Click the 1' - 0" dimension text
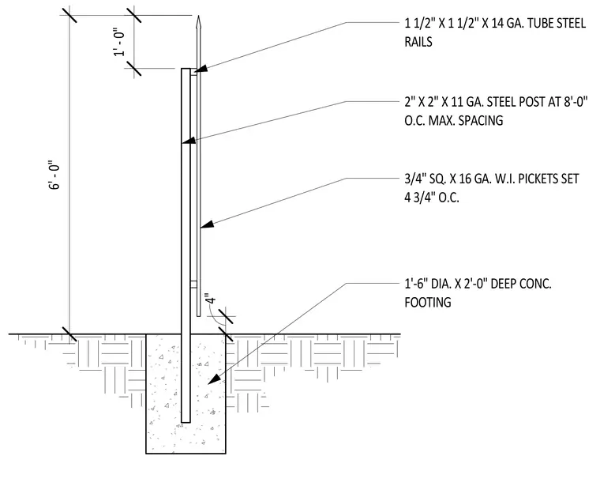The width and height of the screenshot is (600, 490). (119, 43)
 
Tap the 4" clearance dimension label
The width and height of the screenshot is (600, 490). (209, 299)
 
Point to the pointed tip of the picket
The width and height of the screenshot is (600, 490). (198, 16)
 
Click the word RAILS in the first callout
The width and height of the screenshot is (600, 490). (418, 42)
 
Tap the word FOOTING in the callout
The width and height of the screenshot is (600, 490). (428, 302)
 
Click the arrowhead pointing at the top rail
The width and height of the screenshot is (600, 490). (201, 69)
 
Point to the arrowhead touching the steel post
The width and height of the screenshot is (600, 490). (189, 141)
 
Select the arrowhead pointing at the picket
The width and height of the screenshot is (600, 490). (207, 224)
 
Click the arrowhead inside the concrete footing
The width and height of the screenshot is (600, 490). (214, 379)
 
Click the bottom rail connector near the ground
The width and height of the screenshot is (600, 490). (193, 285)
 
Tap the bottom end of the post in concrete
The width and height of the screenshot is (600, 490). (186, 422)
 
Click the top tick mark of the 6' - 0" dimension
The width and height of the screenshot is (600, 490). (69, 15)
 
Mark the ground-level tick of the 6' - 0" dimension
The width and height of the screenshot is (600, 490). (69, 334)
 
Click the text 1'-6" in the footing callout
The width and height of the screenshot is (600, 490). (416, 284)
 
